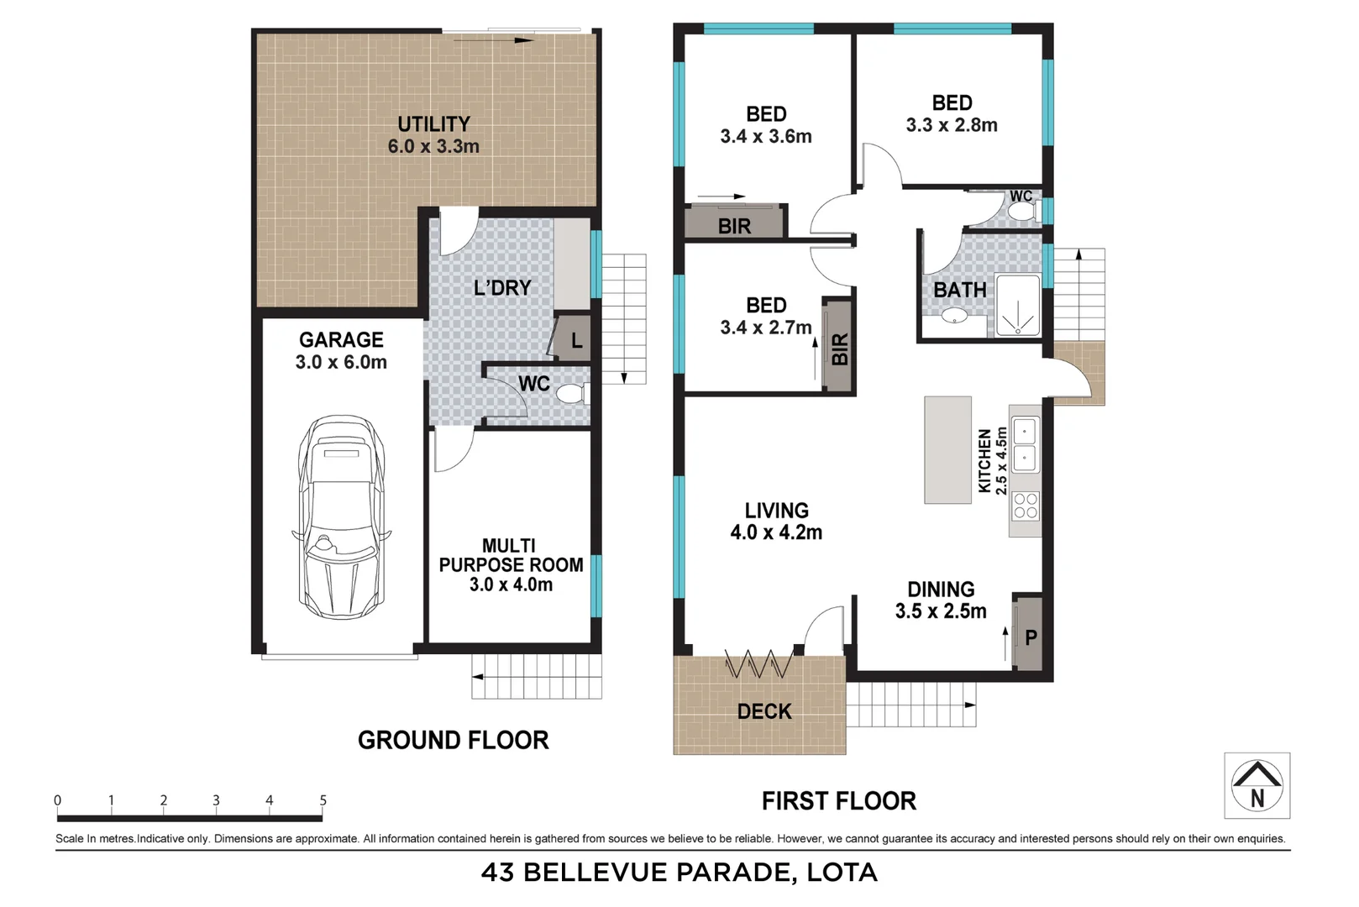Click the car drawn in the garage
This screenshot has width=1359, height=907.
click(341, 516)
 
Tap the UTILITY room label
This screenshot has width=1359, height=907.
click(433, 124)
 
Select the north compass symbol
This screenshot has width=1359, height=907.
click(1257, 785)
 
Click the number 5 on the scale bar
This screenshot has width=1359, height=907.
click(323, 800)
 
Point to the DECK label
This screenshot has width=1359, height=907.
click(763, 712)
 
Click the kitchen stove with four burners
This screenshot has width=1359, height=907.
click(1026, 506)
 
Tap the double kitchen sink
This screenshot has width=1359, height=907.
click(1025, 445)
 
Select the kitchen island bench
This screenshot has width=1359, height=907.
click(947, 450)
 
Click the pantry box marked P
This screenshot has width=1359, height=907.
click(1029, 636)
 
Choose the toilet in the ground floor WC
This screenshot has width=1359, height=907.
click(571, 394)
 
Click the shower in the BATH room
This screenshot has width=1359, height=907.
click(1018, 306)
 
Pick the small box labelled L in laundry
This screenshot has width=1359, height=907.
click(575, 339)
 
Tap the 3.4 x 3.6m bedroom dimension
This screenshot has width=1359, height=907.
click(765, 137)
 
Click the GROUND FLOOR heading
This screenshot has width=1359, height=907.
click(453, 740)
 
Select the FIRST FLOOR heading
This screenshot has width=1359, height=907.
click(838, 801)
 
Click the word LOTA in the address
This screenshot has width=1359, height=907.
click(842, 873)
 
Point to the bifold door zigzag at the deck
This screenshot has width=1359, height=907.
click(758, 666)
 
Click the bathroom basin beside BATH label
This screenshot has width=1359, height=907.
click(953, 317)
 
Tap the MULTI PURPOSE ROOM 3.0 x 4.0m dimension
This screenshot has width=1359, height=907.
click(511, 585)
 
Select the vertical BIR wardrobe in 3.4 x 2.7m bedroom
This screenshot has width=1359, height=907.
click(837, 347)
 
